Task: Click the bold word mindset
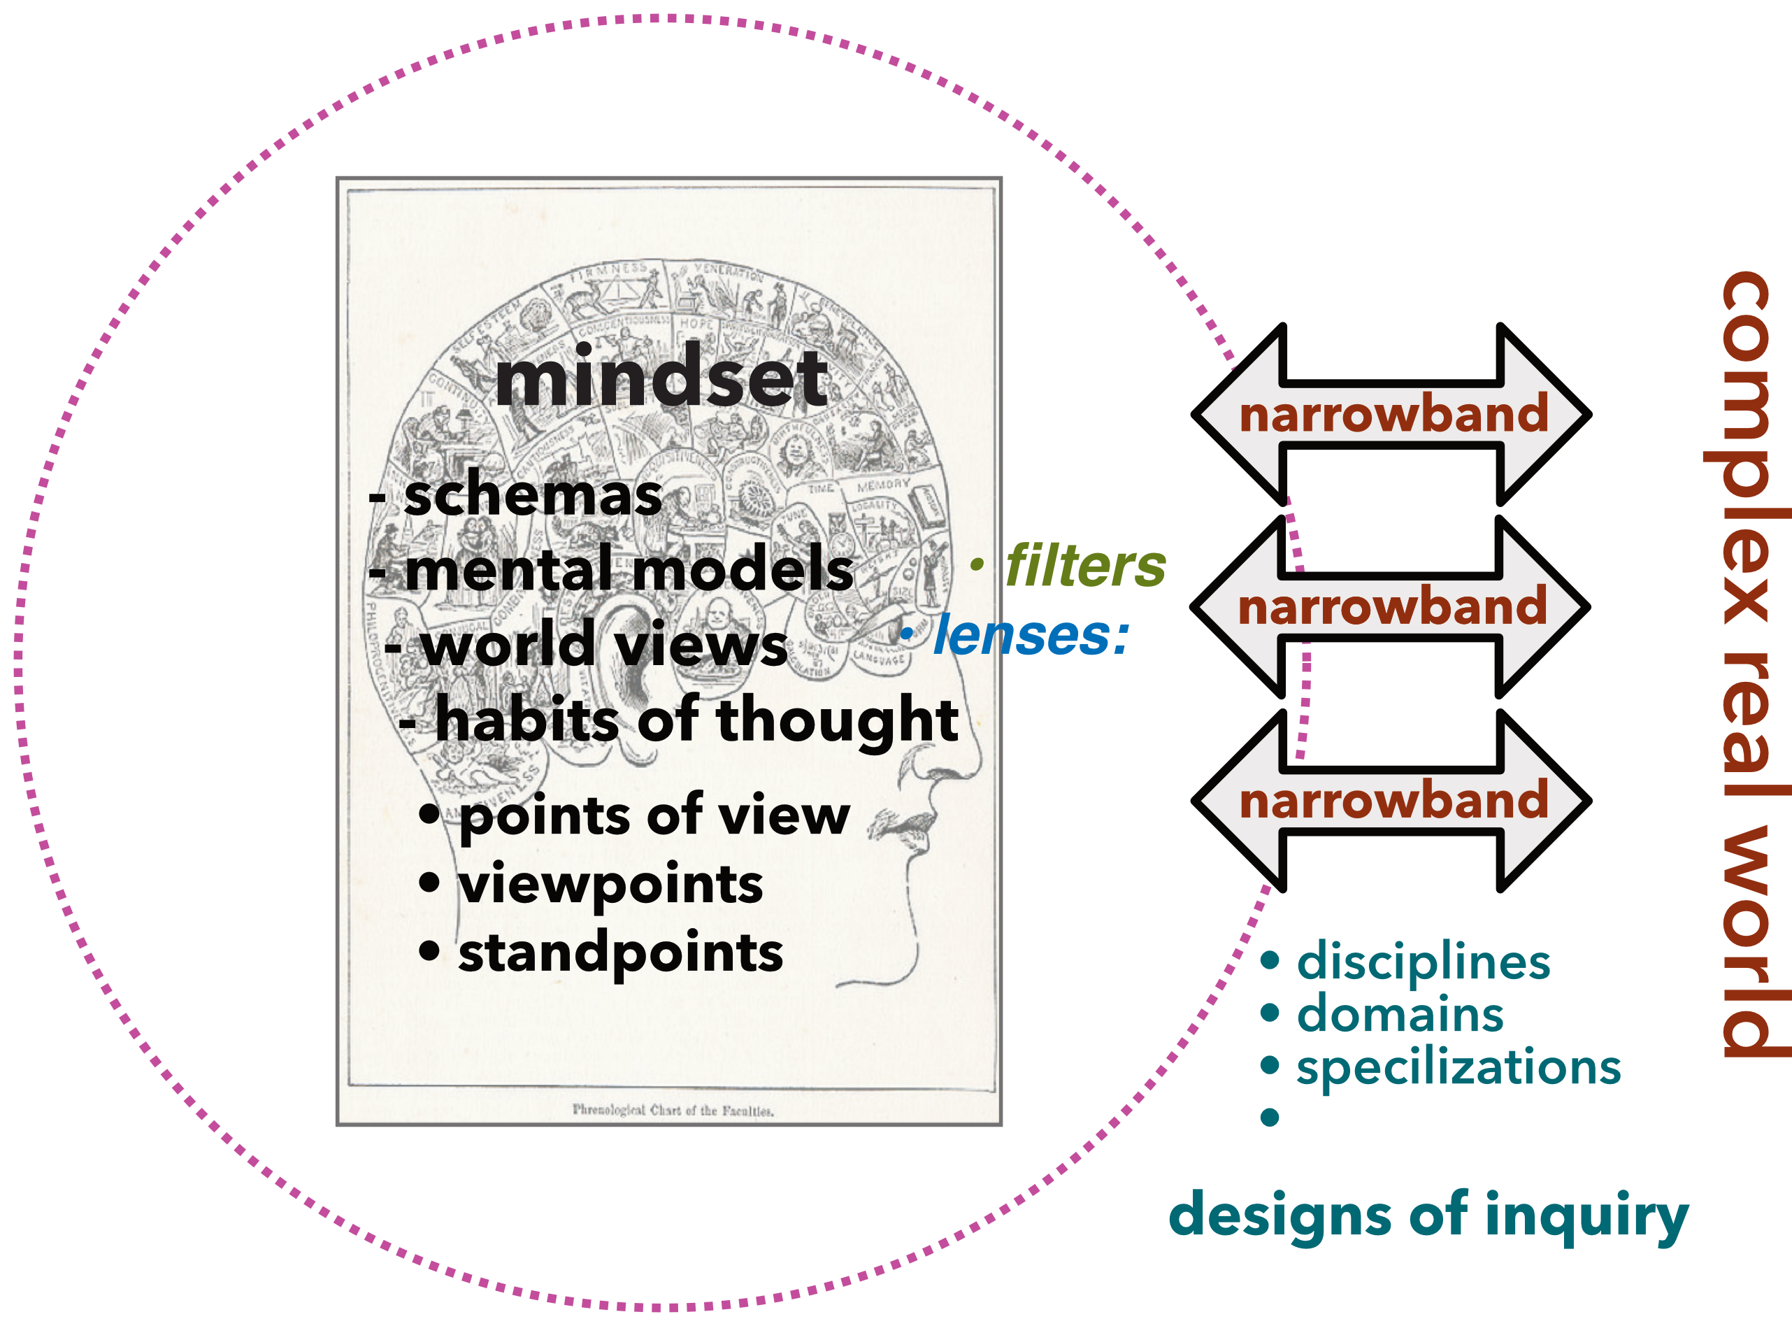point(661,380)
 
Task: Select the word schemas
point(533,496)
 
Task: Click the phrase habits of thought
point(696,720)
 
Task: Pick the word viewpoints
point(610,885)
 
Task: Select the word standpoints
point(620,953)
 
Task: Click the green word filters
point(1085,566)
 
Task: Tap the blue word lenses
point(1031,636)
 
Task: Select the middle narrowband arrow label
point(1392,608)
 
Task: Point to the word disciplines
point(1423,962)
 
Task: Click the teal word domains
point(1400,1015)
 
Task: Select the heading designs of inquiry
point(1428,1216)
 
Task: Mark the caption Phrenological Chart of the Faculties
point(673,1111)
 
